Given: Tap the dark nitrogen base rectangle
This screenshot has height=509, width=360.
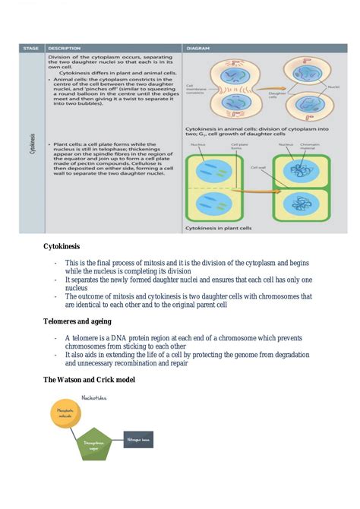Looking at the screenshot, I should coord(139,438).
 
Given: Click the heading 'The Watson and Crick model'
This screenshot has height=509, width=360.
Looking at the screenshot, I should coord(89,380).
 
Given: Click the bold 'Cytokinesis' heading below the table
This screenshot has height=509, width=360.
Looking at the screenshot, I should coord(62,246).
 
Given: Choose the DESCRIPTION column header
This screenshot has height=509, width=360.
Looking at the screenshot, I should coord(68,47).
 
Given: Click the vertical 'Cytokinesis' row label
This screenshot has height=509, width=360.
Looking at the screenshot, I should coord(31,144).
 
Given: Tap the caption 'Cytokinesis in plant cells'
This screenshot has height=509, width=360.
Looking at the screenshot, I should coord(221,227).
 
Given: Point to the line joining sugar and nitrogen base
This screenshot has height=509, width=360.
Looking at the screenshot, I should coord(116,440).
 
